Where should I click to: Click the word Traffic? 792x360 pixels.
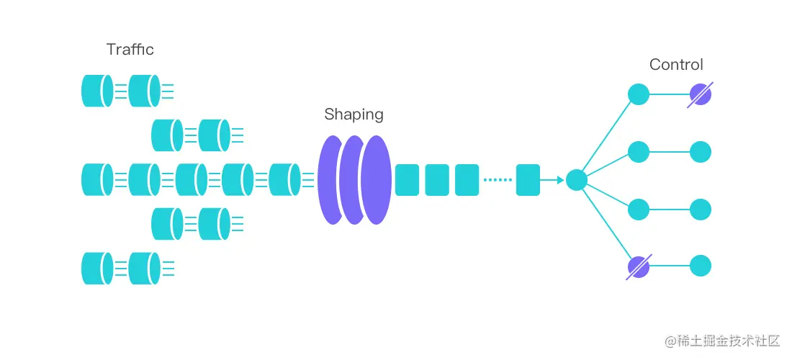click(130, 50)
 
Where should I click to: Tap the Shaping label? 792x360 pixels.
click(354, 114)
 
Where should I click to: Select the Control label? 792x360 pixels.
click(676, 65)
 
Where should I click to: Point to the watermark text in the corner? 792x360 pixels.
click(724, 340)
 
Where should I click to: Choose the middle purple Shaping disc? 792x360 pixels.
click(353, 179)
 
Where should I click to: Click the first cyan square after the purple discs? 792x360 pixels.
click(407, 180)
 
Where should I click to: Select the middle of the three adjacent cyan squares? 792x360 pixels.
click(437, 180)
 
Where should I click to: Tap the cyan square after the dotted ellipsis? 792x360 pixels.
click(528, 180)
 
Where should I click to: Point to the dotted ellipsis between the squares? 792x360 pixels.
click(497, 180)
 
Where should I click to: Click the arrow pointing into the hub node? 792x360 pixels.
click(553, 180)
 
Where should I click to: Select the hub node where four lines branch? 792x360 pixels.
click(577, 180)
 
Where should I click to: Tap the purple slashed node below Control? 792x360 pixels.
click(700, 94)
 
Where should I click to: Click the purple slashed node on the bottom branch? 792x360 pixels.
click(639, 267)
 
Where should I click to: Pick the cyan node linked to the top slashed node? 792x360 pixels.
click(639, 94)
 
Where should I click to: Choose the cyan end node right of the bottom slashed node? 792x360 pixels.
click(701, 266)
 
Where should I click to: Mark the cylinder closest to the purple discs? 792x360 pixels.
click(284, 179)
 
